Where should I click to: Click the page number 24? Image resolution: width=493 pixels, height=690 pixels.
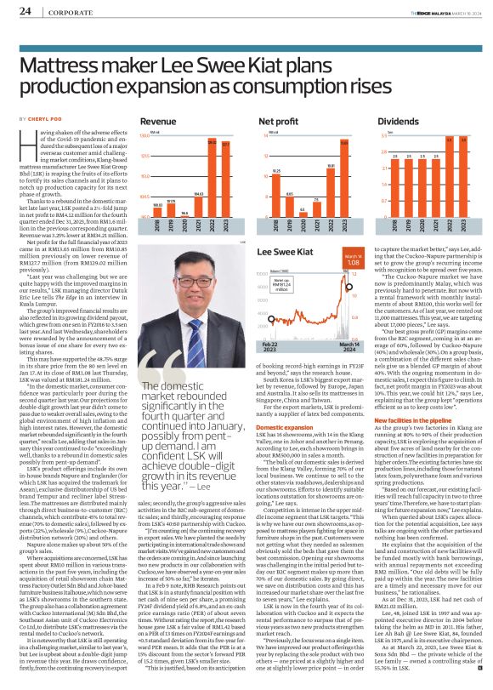point(25,11)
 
